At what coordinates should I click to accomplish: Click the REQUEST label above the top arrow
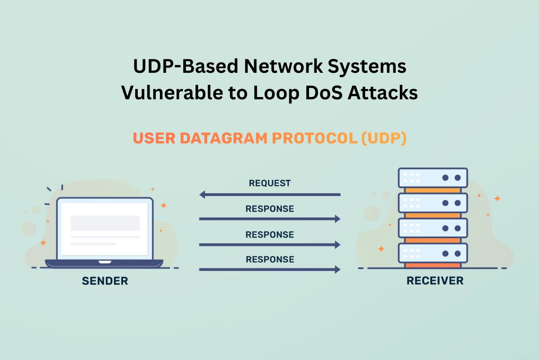269,183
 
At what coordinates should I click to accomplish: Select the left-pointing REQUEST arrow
269,195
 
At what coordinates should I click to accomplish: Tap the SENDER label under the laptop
105,281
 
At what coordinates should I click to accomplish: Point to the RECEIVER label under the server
435,281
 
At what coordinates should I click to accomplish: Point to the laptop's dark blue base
104,263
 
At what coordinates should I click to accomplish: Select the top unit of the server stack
433,178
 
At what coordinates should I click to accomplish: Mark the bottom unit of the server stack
433,253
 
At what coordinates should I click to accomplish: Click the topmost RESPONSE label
269,209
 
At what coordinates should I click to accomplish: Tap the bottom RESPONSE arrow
269,270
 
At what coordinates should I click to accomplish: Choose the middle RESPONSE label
269,235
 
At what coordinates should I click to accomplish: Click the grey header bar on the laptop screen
105,223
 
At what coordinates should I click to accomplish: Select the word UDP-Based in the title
185,67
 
